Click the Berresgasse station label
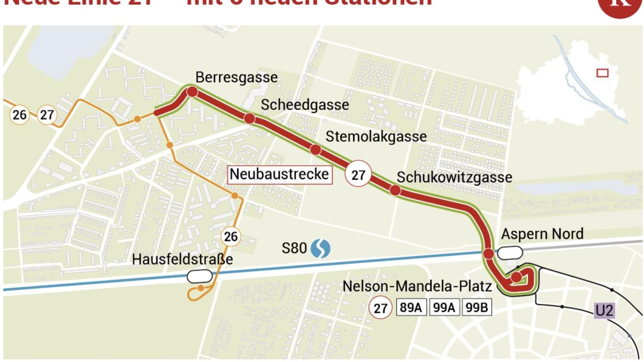(x=236, y=78)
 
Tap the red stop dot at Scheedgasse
(x=249, y=119)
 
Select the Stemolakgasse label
(x=376, y=137)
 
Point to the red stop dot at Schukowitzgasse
(x=395, y=190)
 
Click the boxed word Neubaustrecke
(x=280, y=174)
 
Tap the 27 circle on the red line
(x=358, y=175)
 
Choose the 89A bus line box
(x=411, y=308)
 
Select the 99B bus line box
(x=476, y=308)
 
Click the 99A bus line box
(x=444, y=308)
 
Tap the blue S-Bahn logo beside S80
(x=320, y=249)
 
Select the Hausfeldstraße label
(x=182, y=260)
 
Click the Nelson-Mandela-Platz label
(x=417, y=287)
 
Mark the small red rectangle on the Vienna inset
(x=603, y=73)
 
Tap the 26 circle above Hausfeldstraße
(x=230, y=237)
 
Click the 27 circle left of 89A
(x=381, y=308)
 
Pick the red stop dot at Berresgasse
(x=192, y=92)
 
